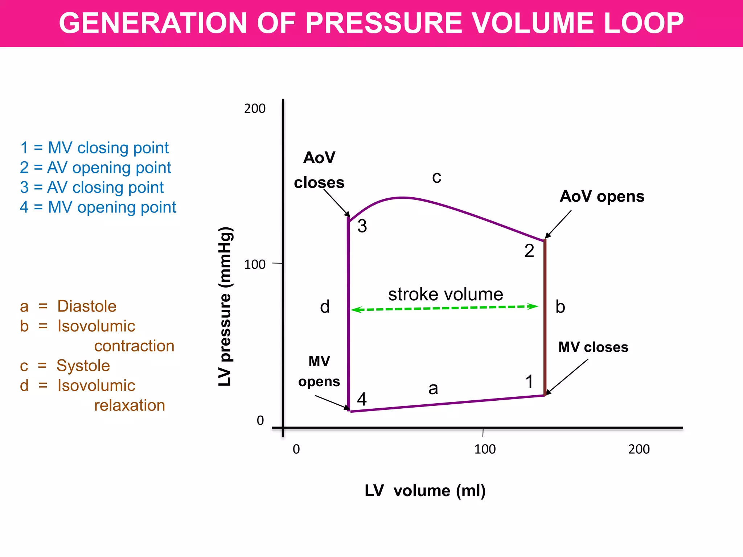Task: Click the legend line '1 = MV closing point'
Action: tap(94, 148)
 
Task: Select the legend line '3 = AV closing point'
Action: tap(92, 187)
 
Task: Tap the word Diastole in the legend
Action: tap(87, 306)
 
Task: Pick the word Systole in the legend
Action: tap(83, 366)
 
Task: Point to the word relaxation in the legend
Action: tap(130, 405)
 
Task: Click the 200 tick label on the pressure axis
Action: tap(255, 108)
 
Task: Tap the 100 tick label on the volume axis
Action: tap(485, 449)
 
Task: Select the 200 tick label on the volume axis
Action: tap(639, 449)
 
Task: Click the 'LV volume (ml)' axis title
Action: tap(425, 491)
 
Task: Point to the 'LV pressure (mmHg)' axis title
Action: tap(225, 306)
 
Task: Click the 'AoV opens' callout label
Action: tap(602, 196)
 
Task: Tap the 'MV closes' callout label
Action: tap(593, 347)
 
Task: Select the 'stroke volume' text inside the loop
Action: tap(446, 294)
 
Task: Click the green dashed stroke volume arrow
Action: tap(444, 308)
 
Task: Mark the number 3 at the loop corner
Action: tap(362, 226)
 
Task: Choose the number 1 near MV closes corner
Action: tap(529, 382)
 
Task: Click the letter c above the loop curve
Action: tap(437, 177)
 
